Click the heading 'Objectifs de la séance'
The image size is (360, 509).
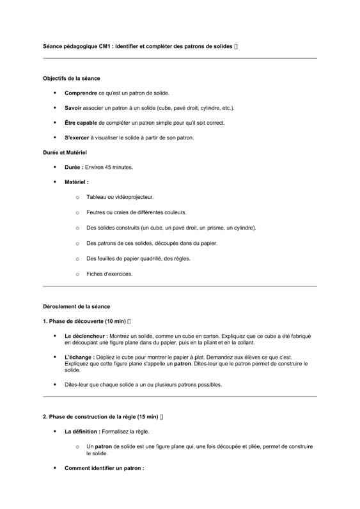[x=71, y=78]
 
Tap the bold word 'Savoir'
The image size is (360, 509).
[x=74, y=107]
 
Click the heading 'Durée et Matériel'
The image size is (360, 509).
[x=65, y=152]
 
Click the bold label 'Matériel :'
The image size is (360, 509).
[x=76, y=182]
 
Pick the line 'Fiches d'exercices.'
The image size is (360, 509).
[x=109, y=274]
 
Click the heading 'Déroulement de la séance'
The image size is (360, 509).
[x=76, y=306]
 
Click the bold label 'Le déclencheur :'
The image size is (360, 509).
[x=86, y=336]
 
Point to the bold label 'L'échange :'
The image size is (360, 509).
[x=79, y=357]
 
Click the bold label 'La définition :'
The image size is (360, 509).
[x=82, y=432]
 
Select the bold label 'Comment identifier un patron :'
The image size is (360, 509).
[x=104, y=468]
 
